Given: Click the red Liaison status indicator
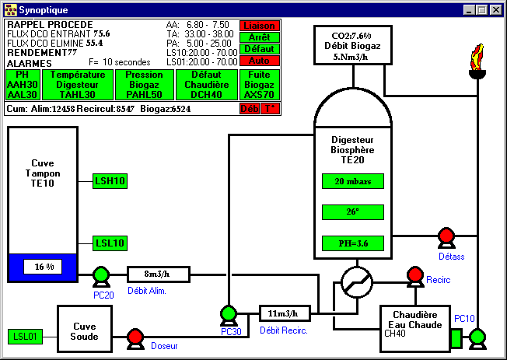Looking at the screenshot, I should coord(259,26).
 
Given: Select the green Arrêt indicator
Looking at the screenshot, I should coord(259,37).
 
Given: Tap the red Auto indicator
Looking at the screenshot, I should coord(259,60).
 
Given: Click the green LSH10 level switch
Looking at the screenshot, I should coord(110,181).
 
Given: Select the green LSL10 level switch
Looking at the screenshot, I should coord(110,243).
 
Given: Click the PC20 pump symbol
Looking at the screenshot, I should coord(100,275).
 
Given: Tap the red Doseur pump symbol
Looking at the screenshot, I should coord(135,337).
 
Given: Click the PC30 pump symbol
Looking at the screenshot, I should coord(228,313).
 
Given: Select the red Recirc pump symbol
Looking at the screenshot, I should coord(414,275).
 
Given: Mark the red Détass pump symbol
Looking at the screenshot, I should coord(446,236).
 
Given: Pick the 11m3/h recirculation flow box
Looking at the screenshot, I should coord(284,313).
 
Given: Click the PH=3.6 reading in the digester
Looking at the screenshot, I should coord(353,243).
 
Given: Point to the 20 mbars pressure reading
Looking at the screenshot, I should coord(353,181).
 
